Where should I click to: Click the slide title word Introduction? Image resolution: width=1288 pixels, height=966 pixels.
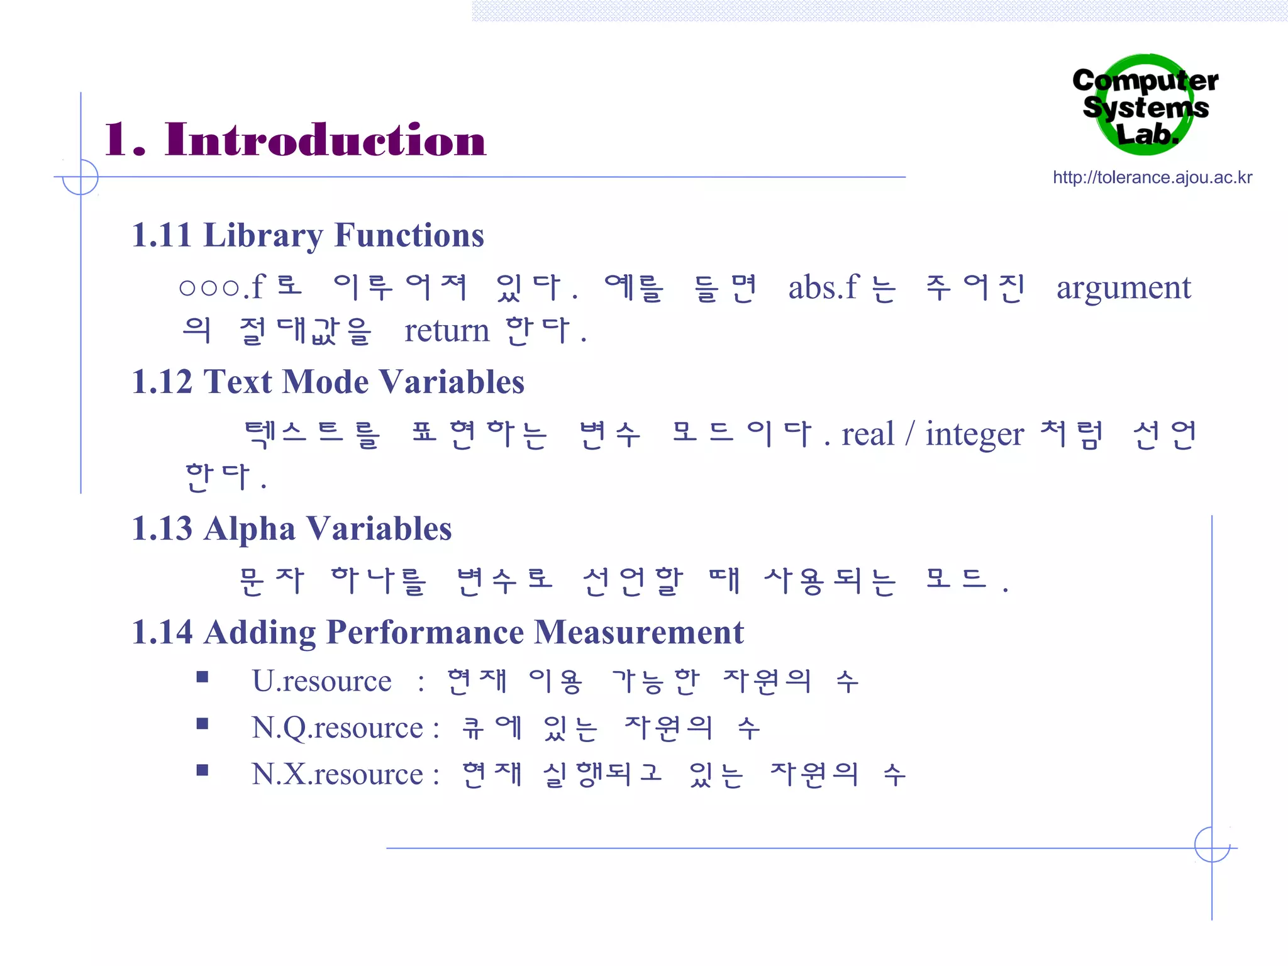click(x=325, y=140)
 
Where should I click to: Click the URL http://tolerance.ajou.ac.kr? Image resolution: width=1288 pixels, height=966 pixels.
click(x=1152, y=177)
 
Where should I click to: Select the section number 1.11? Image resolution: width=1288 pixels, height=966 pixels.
click(x=161, y=236)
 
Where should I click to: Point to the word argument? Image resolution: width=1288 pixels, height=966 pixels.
click(x=1123, y=289)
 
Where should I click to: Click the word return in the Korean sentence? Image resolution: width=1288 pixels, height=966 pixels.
click(x=447, y=331)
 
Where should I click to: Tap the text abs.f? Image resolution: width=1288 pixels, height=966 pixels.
click(x=823, y=288)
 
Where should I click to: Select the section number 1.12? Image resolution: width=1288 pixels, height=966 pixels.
click(x=162, y=382)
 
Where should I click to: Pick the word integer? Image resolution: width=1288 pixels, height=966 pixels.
click(x=974, y=435)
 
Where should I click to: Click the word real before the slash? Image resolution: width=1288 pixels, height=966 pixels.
click(x=867, y=435)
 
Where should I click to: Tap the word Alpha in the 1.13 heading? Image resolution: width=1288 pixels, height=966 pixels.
click(x=250, y=529)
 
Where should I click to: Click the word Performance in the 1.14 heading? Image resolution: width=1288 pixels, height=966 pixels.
click(x=425, y=632)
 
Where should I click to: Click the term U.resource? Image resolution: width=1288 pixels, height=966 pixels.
click(x=321, y=681)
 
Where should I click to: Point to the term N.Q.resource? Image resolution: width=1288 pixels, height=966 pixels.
click(x=338, y=728)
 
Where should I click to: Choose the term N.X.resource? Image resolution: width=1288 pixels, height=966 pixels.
click(x=338, y=775)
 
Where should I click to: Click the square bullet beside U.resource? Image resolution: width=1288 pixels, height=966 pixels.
click(x=202, y=677)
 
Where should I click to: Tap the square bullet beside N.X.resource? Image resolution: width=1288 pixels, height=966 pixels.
click(x=202, y=770)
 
